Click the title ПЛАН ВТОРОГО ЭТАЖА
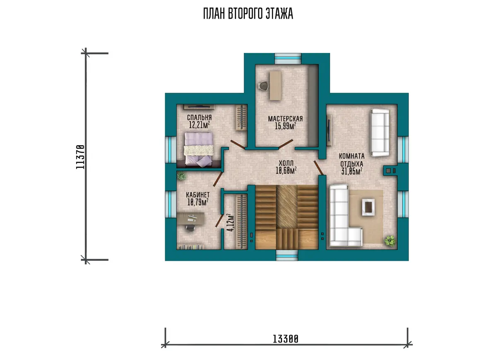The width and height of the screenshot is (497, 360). (248, 14)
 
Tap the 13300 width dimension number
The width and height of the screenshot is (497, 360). (285, 339)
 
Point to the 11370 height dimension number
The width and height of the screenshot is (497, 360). (80, 157)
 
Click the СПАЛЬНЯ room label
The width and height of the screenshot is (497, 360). (199, 117)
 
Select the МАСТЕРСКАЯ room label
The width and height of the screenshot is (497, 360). (285, 119)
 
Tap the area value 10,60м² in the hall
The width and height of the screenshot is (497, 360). (286, 170)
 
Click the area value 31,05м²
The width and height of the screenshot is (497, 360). (352, 171)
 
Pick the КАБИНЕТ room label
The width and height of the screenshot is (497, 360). (198, 195)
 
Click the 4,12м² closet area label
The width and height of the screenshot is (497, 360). (230, 223)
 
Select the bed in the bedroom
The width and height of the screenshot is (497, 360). (199, 150)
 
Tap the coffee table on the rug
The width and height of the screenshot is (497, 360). (369, 207)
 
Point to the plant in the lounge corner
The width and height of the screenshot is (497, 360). (390, 240)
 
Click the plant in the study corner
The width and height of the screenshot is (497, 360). (181, 176)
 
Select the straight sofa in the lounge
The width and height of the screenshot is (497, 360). (380, 132)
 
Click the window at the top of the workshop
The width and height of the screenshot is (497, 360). (288, 58)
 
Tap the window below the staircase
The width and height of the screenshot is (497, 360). (287, 255)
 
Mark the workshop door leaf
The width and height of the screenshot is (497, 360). (286, 144)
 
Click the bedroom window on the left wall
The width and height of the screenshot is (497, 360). (171, 150)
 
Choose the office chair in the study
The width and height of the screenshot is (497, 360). (190, 228)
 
